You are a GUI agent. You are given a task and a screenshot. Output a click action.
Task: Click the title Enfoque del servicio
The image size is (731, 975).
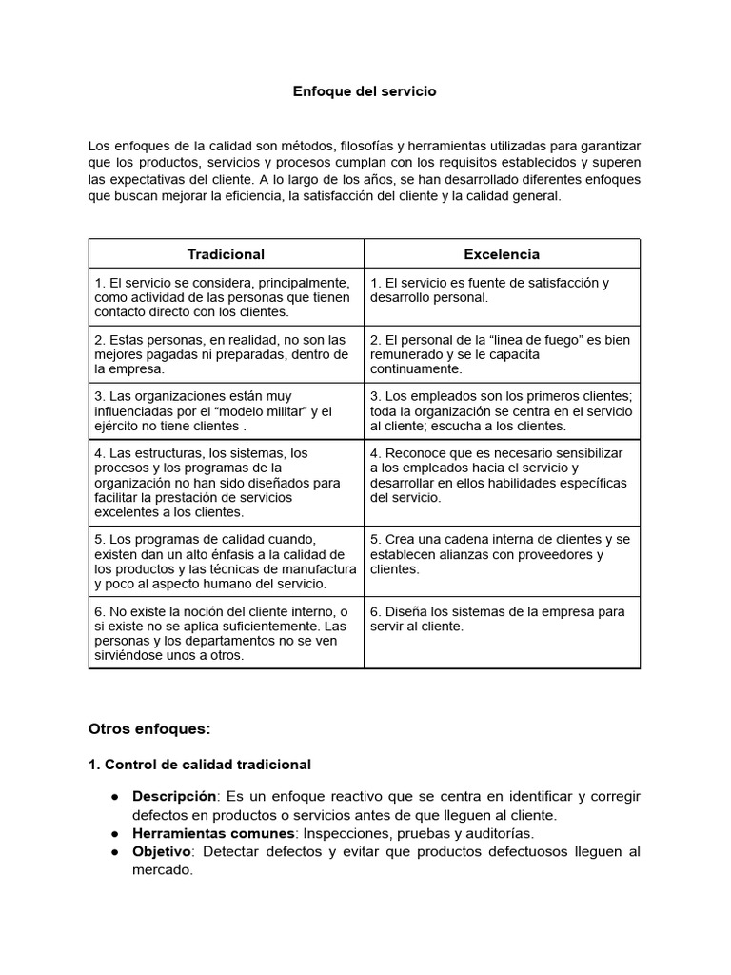point(365,92)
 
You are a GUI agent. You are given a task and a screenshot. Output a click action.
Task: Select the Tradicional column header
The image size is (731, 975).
point(226,254)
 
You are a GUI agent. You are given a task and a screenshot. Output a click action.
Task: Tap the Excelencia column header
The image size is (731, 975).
point(502,254)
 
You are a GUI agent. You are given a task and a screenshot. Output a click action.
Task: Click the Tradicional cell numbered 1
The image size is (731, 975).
point(226,297)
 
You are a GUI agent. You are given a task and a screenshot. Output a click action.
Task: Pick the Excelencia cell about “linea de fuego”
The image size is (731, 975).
point(502,354)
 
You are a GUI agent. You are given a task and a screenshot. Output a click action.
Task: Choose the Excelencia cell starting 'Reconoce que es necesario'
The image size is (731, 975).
point(502,475)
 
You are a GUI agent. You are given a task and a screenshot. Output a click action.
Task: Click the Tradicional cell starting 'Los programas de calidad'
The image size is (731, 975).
point(226,562)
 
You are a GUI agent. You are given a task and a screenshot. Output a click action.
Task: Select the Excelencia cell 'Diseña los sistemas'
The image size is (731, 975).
point(502,619)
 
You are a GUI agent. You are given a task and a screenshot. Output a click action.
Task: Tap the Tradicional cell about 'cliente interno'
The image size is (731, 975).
point(226,633)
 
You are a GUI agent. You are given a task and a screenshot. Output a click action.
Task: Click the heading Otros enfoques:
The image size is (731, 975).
point(148,729)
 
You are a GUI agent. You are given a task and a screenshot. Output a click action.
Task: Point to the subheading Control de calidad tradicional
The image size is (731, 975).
point(207,765)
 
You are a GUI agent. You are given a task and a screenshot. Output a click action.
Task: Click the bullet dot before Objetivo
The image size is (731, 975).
point(114,851)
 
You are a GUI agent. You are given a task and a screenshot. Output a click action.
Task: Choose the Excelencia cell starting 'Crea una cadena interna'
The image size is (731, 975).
point(502,554)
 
